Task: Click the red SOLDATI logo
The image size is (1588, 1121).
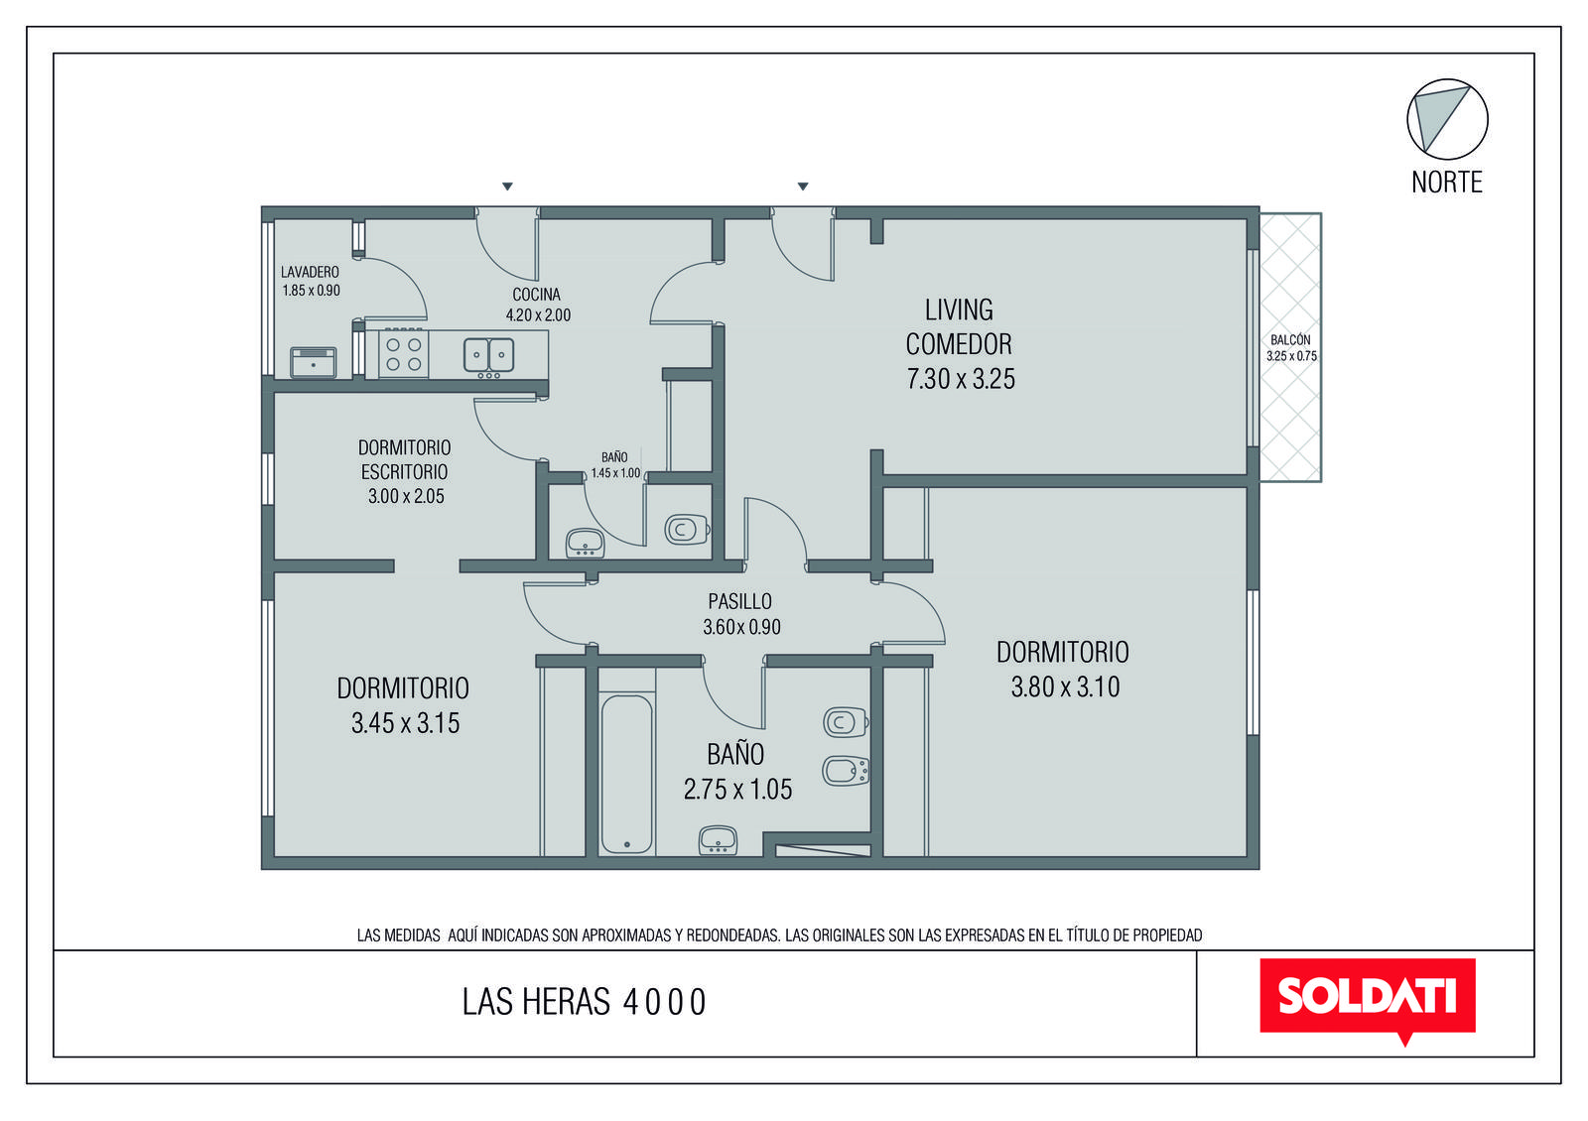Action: coord(1367,998)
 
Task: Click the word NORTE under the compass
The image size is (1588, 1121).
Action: coord(1446,183)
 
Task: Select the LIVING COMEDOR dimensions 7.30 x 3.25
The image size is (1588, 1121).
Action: coord(961,379)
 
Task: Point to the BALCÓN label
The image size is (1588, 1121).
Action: coord(1290,340)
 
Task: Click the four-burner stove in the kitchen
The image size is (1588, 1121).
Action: coord(403,354)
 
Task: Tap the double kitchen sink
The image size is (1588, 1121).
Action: coord(488,355)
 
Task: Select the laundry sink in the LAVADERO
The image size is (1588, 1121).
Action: coord(314,363)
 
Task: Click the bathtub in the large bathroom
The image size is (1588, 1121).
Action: coord(626,774)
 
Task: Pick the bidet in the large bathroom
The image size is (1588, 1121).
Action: coord(846,772)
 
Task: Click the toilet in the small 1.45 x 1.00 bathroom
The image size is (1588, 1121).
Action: coord(687,529)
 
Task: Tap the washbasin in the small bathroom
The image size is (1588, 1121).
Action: coord(585,544)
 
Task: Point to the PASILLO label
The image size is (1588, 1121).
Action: coord(739,601)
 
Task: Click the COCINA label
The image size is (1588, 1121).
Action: coord(537,294)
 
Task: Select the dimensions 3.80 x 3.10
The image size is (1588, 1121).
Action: coord(1065,687)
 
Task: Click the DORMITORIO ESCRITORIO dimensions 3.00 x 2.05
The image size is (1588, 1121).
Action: coord(406,496)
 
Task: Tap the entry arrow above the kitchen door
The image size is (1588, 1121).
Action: coord(507,187)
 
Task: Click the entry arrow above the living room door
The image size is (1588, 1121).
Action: coord(803,187)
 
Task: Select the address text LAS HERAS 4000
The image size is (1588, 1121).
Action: coord(584,1002)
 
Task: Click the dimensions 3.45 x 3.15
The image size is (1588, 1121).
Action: coord(406,723)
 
